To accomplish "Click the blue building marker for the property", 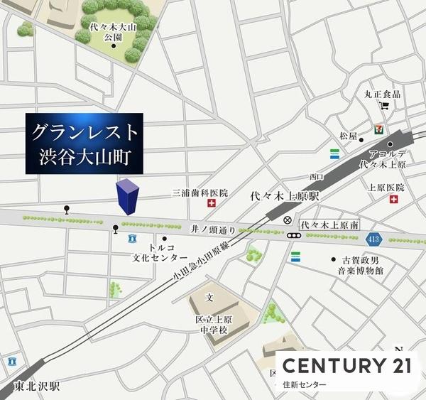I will click(127, 197).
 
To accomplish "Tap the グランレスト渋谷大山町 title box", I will click(85, 143).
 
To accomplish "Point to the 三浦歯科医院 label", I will click(200, 193).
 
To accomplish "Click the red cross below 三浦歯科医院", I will click(211, 204).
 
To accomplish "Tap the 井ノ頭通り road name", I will click(207, 230).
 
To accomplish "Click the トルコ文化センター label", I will click(160, 252).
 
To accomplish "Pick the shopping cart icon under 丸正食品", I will click(384, 107).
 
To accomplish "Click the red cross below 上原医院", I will click(394, 201).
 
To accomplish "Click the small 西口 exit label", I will click(317, 175).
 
